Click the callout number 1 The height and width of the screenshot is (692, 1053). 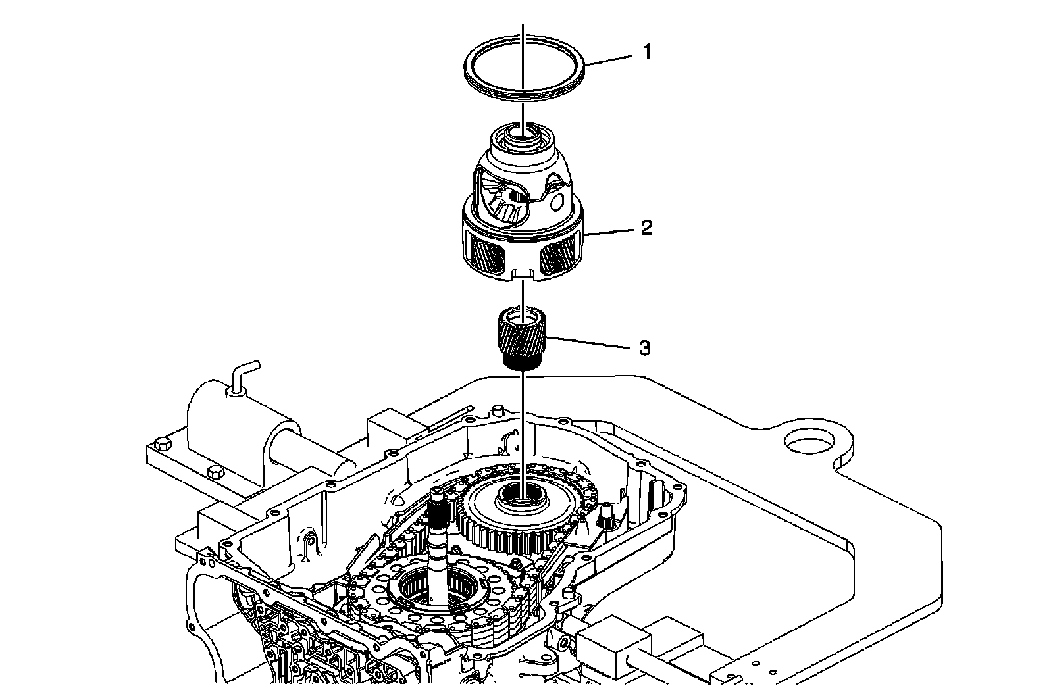point(647,51)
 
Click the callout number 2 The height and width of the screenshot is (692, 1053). point(646,228)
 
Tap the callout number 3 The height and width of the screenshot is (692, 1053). point(644,347)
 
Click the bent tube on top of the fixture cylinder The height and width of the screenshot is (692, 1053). point(242,375)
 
